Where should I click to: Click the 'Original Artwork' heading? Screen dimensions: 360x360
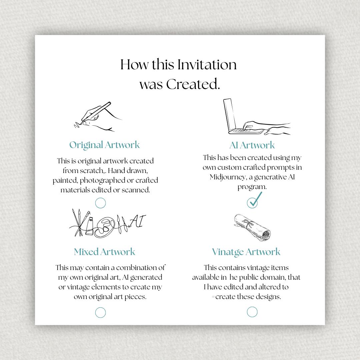pos(104,145)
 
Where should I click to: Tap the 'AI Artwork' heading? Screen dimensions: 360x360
pos(252,145)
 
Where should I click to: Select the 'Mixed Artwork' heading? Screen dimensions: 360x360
pos(104,252)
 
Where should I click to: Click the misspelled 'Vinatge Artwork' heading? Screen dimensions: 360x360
pos(246,252)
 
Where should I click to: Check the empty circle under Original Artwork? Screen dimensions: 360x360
pos(100,203)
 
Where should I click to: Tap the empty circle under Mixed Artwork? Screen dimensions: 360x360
pos(100,312)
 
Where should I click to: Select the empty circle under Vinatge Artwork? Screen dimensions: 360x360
pos(252,312)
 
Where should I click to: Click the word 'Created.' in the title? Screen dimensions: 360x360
pos(193,84)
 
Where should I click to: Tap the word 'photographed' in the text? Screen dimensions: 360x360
pos(100,180)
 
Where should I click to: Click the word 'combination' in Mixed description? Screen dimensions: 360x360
pos(137,268)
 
